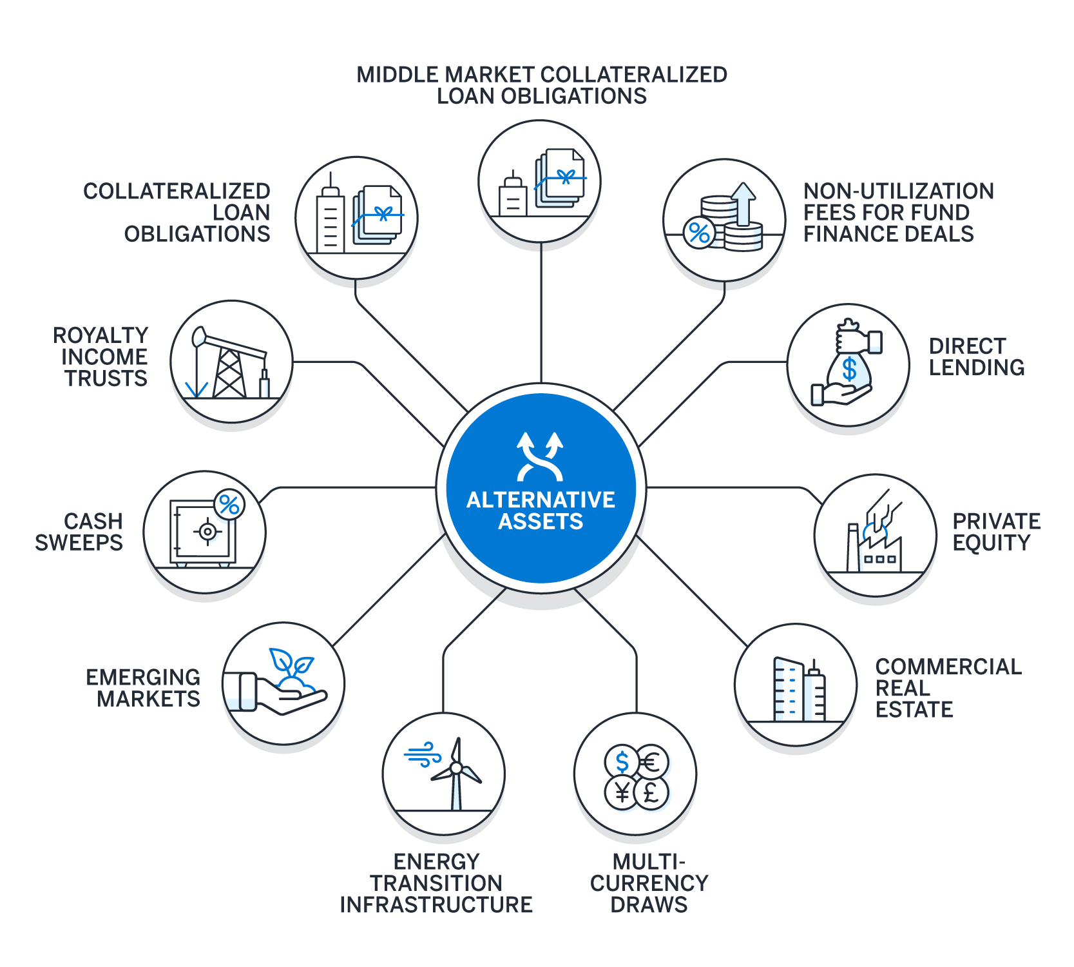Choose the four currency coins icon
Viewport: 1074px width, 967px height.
point(636,777)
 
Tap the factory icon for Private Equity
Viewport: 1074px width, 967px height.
point(875,538)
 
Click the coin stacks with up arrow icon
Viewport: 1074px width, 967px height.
point(724,219)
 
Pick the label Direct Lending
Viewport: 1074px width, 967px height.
point(976,357)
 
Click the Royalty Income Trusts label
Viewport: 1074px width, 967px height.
point(101,357)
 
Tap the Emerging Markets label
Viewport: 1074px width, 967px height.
point(144,688)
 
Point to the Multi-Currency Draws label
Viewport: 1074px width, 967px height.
point(649,883)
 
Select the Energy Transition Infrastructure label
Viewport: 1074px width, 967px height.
point(436,883)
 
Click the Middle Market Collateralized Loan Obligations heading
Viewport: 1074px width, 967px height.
point(541,85)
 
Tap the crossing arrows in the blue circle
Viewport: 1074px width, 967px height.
point(540,457)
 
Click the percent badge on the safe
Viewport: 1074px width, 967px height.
point(229,504)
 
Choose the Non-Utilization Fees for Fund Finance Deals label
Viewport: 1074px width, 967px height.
point(898,212)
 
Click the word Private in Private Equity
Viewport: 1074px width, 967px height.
point(996,521)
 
